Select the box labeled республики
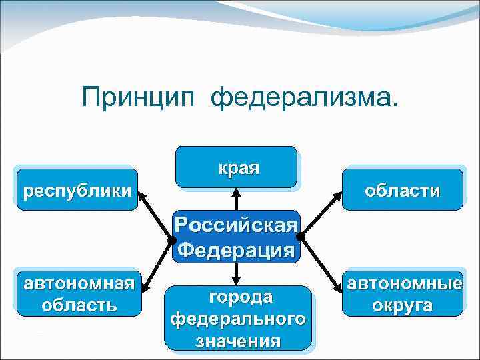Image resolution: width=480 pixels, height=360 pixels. pos(77,190)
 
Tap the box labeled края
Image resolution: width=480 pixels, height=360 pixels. pos(237,167)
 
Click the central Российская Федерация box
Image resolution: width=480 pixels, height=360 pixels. pos(237,237)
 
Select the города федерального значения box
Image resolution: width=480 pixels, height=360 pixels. pos(239,318)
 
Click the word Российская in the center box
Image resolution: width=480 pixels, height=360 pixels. pos(237,225)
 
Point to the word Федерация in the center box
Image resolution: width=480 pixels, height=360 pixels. pos(237,251)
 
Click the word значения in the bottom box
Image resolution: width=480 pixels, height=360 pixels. pos(239,341)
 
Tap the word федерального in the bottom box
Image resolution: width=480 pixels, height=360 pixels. pos(239,319)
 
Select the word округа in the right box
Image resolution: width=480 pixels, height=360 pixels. pos(402,305)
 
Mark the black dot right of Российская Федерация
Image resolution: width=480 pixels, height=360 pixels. pos(301,236)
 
